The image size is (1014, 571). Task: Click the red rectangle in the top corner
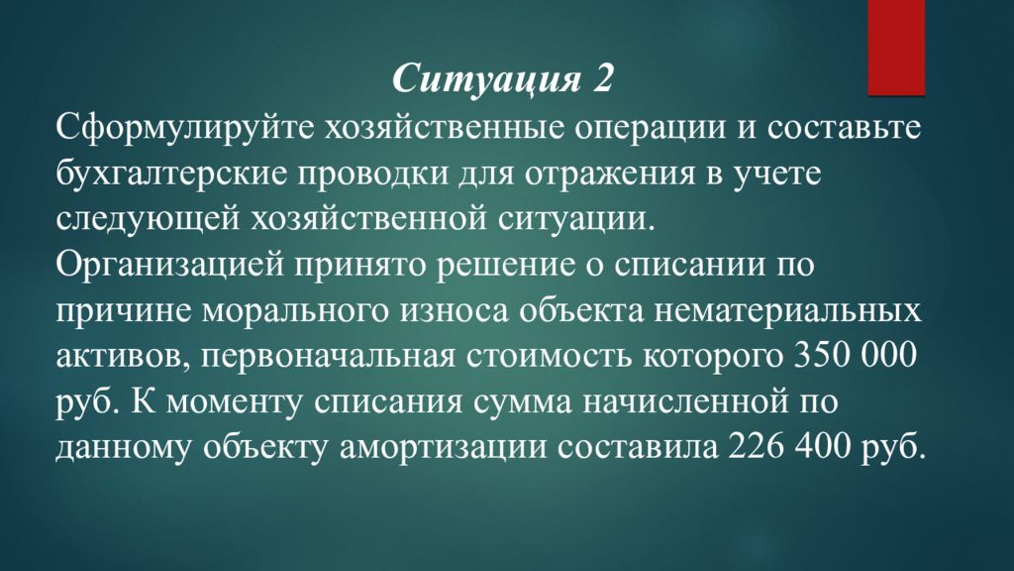(x=896, y=48)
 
